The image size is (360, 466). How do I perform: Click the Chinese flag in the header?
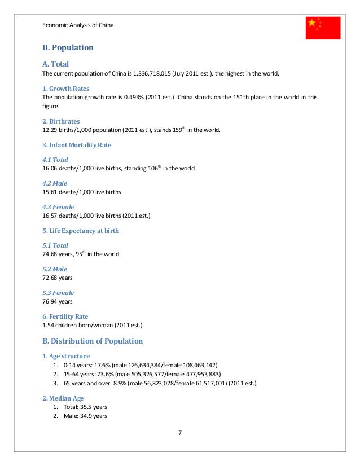pos(323,28)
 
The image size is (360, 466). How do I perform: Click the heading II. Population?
pos(68,48)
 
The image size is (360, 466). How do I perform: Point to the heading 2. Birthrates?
pos(60,121)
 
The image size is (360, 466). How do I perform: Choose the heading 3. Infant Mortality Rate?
pos(77,145)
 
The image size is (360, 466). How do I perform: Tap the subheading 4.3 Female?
pos(58,207)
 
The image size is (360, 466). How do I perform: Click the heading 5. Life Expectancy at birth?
pos(81,231)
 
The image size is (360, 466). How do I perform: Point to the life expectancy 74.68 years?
pos(55,254)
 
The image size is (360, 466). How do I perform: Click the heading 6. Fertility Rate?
pos(65,316)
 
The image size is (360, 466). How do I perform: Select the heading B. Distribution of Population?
pos(93,341)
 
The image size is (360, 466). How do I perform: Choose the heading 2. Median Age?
pos(63,398)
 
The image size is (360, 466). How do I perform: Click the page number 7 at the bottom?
pos(180,433)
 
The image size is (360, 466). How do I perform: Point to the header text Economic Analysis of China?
pos(78,24)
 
